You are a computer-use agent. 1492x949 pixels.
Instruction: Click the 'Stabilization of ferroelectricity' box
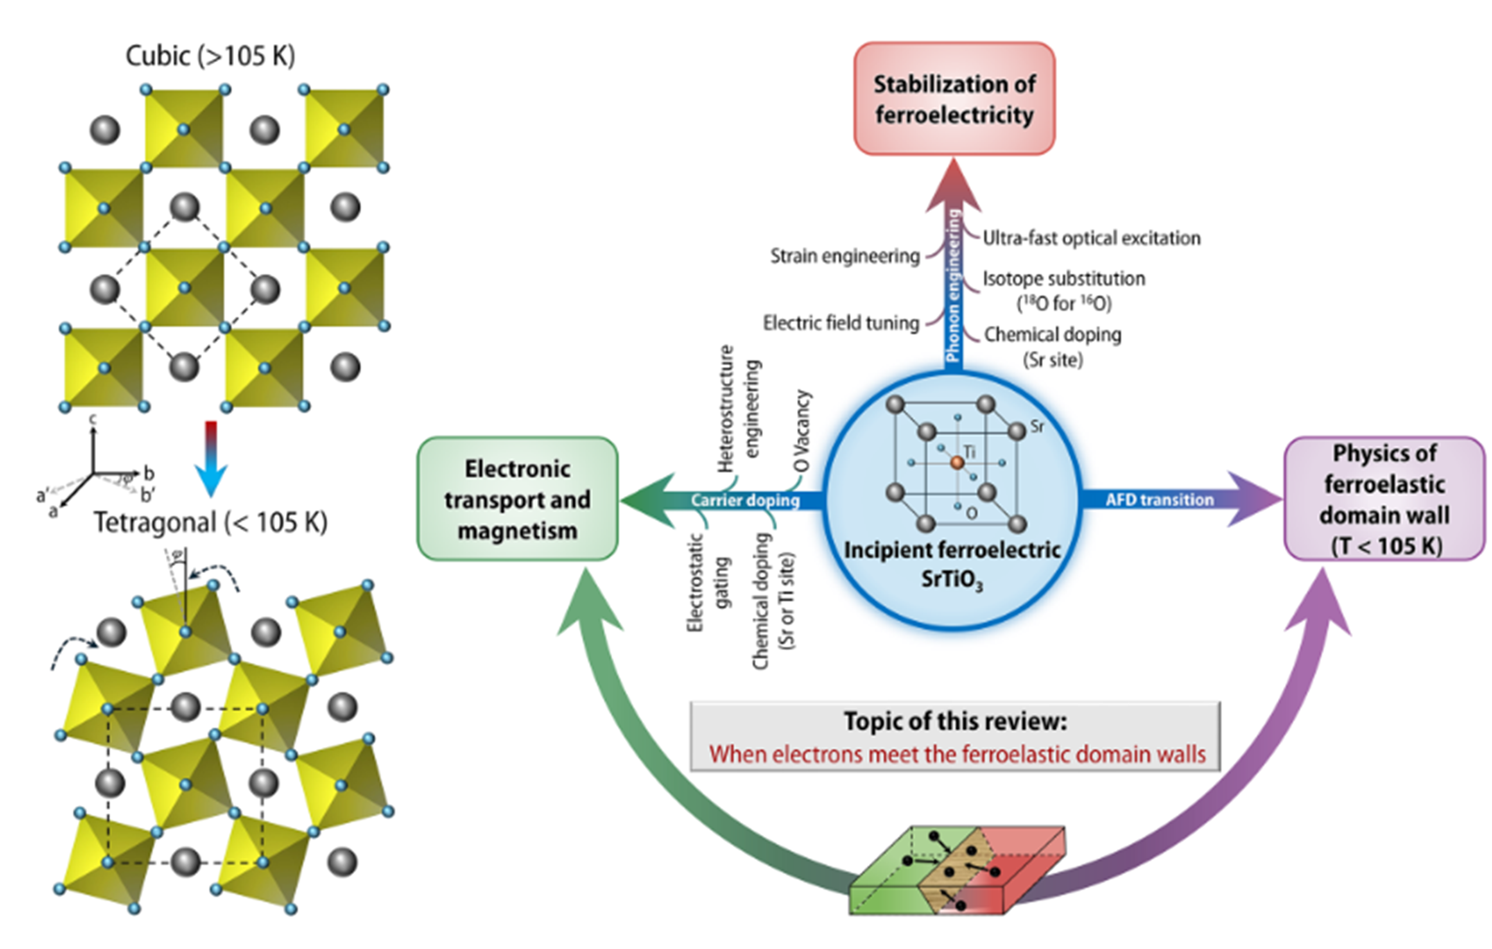point(954,98)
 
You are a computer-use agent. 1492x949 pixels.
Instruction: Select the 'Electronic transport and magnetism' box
point(518,499)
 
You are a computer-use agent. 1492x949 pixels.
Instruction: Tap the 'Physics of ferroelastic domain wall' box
point(1384,499)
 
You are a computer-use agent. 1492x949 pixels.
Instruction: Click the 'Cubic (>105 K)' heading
point(210,57)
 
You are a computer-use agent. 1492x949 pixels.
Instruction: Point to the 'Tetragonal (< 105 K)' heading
point(210,523)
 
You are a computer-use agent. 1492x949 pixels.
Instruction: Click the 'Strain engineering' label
point(844,256)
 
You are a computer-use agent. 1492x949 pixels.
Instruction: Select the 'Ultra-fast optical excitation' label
point(1092,238)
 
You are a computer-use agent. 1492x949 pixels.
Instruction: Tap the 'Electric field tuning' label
point(841,323)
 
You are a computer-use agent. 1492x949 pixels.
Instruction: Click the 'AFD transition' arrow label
point(1159,500)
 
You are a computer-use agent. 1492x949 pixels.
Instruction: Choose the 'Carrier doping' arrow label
point(745,500)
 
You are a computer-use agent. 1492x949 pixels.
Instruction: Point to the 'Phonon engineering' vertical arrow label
point(953,285)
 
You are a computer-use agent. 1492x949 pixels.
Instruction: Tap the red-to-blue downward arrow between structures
point(212,459)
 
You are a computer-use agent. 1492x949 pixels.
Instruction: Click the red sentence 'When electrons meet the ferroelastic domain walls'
point(958,754)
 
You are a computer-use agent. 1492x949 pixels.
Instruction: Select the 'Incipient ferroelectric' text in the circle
point(952,550)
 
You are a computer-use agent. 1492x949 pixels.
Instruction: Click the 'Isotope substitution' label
point(1064,278)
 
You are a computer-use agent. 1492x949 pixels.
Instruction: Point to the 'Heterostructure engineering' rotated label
point(738,410)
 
